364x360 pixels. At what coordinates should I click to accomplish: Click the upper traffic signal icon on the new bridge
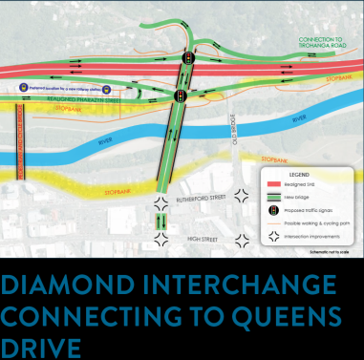(x=187, y=58)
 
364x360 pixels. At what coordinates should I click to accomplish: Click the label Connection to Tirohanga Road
(x=314, y=43)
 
